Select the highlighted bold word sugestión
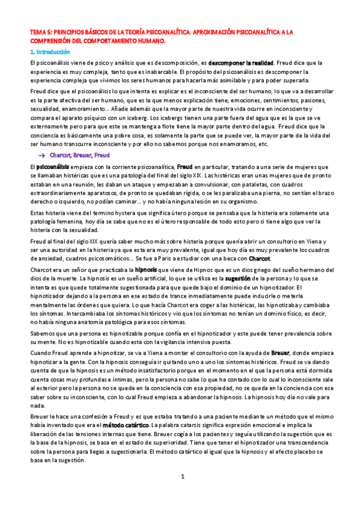(238, 279)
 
